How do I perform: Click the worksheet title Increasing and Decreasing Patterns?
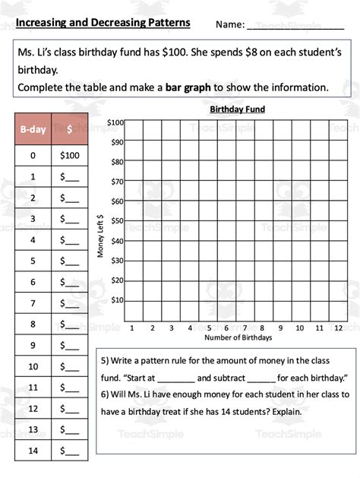[x=103, y=23]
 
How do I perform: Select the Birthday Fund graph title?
[x=237, y=109]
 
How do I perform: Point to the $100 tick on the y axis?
[x=115, y=122]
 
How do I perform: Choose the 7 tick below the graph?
[x=245, y=328]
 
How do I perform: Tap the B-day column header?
[x=33, y=129]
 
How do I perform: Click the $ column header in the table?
[x=69, y=129]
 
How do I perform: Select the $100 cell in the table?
[x=69, y=156]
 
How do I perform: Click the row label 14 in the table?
[x=33, y=451]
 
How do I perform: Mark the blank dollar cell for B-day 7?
[x=69, y=303]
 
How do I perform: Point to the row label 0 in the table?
[x=33, y=156]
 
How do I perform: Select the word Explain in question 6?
[x=281, y=412]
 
